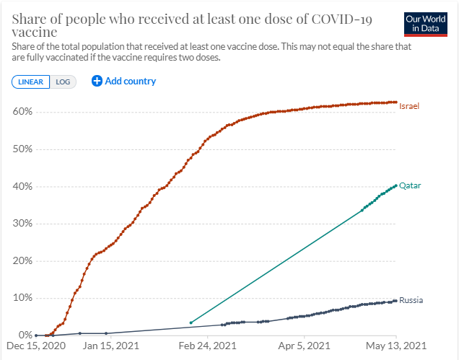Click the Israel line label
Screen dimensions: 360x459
point(409,106)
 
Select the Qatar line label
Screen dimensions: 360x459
point(410,185)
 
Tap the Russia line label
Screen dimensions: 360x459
point(411,300)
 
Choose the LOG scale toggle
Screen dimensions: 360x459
point(63,82)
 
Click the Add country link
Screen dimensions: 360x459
point(130,81)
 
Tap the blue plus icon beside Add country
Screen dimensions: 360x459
point(97,81)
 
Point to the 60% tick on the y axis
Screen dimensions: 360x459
point(22,112)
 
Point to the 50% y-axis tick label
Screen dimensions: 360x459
point(22,149)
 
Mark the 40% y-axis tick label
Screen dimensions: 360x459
point(22,186)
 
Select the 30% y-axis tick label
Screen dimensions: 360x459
point(22,224)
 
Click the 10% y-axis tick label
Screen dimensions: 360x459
point(22,298)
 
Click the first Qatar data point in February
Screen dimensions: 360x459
point(191,322)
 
